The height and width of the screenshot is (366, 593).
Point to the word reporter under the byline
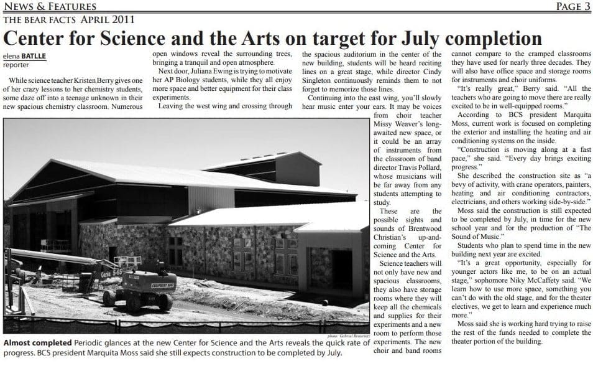tap(16, 64)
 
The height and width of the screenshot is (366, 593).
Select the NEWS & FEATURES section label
tap(50, 7)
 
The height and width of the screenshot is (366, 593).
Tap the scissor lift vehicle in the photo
tap(139, 289)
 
